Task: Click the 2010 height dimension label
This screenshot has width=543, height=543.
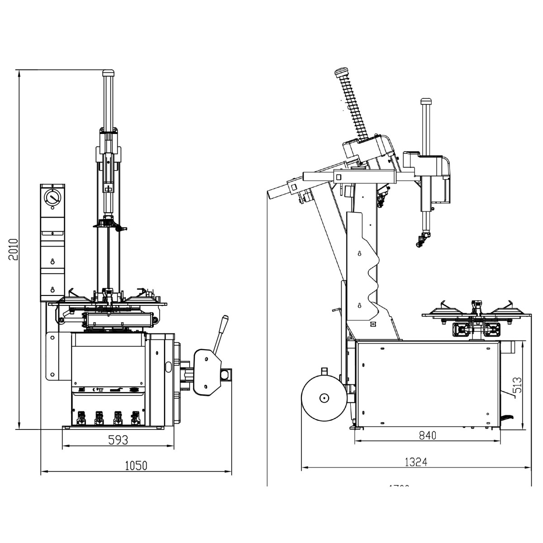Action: [x=14, y=249]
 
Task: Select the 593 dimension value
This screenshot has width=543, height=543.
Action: [x=118, y=439]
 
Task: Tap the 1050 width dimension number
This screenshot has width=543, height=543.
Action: [x=137, y=465]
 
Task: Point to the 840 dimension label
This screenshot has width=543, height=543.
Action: [x=427, y=435]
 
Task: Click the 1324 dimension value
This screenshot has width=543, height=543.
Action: [x=416, y=462]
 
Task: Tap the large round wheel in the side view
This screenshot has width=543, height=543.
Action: [x=323, y=398]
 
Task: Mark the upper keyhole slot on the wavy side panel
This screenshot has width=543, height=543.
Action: [x=359, y=253]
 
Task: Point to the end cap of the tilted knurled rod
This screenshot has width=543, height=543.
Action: [x=341, y=72]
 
